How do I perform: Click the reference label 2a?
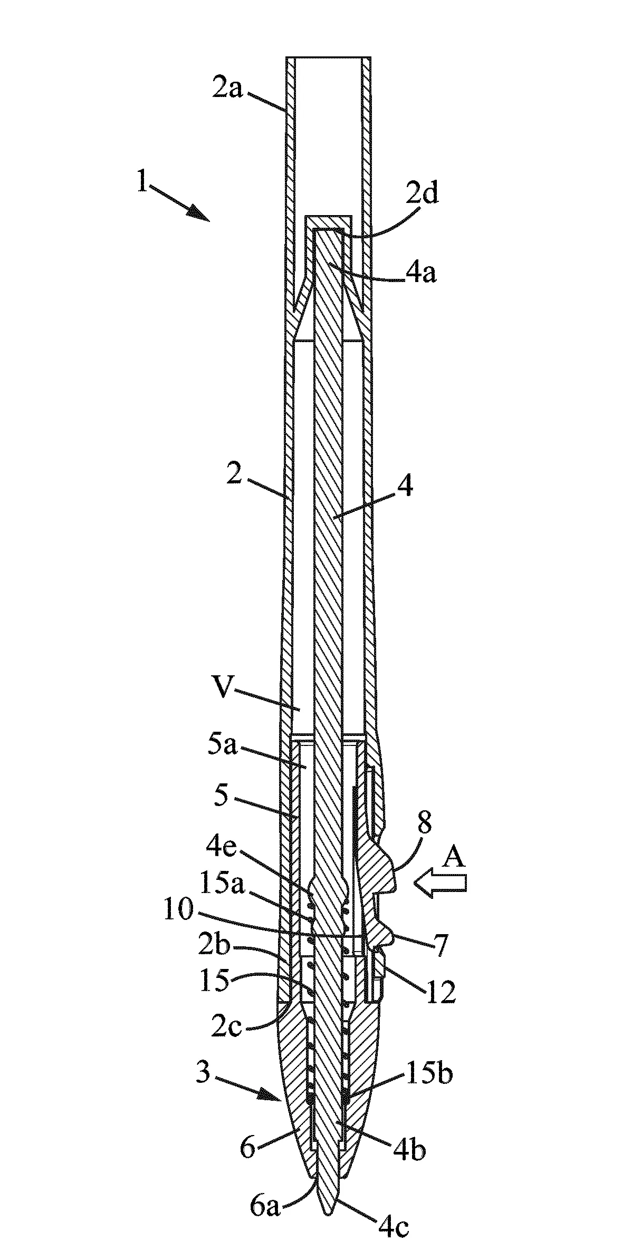[227, 87]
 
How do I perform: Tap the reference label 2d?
[423, 195]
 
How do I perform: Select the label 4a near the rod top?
[420, 274]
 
